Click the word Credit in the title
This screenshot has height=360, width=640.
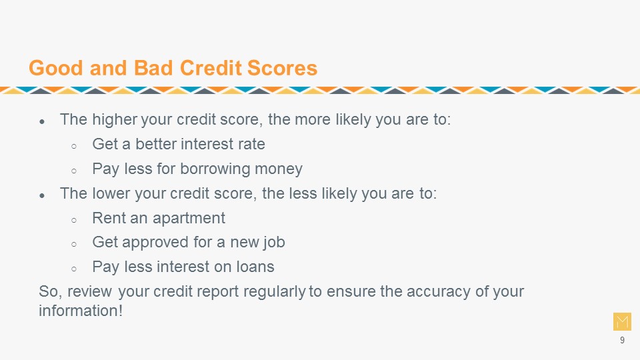(x=211, y=68)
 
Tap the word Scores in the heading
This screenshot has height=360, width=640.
(x=282, y=68)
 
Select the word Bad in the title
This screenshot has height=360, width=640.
(x=154, y=68)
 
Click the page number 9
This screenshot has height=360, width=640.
(x=622, y=340)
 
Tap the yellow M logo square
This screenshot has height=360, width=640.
(x=622, y=321)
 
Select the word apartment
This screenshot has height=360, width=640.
(x=189, y=219)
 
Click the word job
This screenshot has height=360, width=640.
(x=273, y=243)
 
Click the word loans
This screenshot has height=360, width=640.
(x=255, y=267)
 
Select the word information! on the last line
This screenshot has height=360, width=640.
(x=81, y=311)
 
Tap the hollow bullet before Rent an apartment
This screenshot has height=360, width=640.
(x=74, y=221)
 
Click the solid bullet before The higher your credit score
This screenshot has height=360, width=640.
(x=42, y=121)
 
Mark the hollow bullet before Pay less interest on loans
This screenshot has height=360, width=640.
(x=74, y=269)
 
